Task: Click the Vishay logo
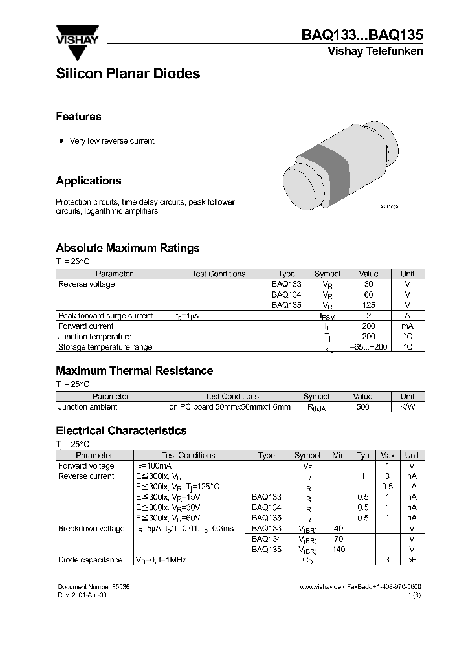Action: coord(76,36)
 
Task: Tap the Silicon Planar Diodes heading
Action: coord(128,74)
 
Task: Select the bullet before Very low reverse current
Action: coord(61,141)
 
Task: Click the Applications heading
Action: coord(88,181)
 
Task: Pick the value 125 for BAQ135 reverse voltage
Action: coord(368,305)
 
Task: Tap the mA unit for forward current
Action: coord(407,326)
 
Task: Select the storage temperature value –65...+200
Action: coord(368,347)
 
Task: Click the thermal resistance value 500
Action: coord(362,407)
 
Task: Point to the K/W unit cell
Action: coord(407,407)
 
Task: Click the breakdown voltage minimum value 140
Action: coord(338,550)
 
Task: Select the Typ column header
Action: coord(363,456)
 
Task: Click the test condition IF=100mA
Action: coord(153,466)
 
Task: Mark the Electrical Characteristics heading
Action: coord(121,430)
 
